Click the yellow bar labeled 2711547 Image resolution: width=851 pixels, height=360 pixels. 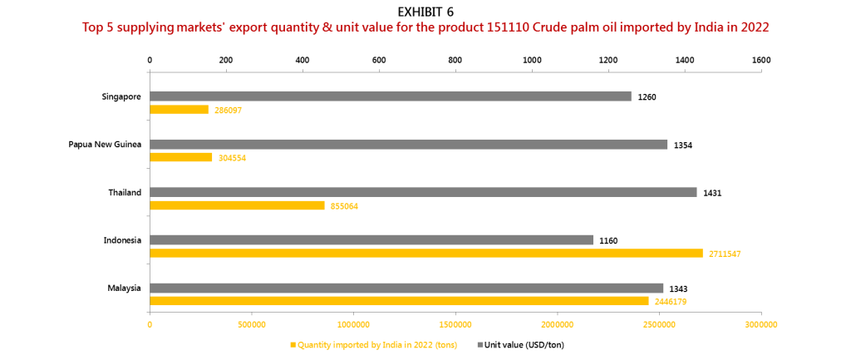[425, 254]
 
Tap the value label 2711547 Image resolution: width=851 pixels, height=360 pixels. [725, 254]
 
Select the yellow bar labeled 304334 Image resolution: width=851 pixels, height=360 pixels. [181, 157]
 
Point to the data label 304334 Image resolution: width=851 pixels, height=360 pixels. [232, 157]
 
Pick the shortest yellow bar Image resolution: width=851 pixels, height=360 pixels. [179, 110]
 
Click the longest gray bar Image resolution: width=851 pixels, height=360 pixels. [423, 192]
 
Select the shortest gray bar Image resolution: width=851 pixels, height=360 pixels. [371, 239]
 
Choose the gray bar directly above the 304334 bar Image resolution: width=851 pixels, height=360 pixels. [409, 144]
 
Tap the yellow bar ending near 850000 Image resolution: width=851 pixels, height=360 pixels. [237, 205]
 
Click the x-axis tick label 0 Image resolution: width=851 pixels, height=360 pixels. [150, 324]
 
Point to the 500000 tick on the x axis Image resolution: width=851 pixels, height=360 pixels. [252, 324]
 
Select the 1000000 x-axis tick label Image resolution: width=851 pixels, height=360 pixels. [353, 324]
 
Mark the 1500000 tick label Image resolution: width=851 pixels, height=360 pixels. [455, 324]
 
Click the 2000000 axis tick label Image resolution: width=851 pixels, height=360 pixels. [558, 324]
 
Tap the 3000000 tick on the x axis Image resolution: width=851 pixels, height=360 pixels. [760, 324]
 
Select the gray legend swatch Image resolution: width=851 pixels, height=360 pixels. [480, 344]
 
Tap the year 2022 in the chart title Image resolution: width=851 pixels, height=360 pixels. [755, 27]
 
